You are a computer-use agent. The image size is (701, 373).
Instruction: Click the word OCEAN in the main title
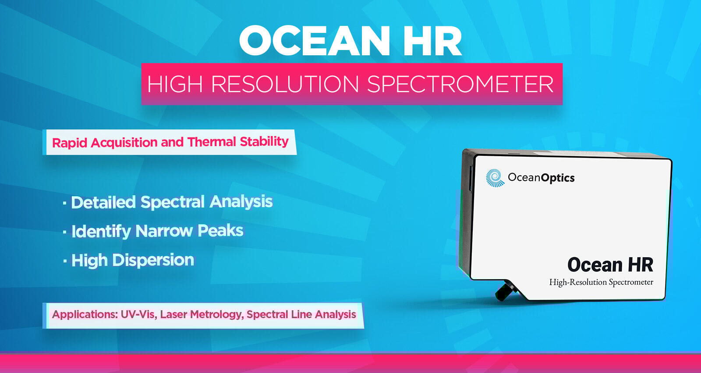(x=314, y=41)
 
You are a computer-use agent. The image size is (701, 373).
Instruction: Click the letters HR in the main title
(x=432, y=41)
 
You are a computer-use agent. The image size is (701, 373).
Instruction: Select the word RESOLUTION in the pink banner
(x=285, y=84)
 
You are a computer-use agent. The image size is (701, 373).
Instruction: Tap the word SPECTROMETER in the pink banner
(x=460, y=84)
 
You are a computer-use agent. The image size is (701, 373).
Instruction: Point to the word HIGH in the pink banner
(x=175, y=84)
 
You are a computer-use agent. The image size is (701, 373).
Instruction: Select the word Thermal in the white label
(x=212, y=142)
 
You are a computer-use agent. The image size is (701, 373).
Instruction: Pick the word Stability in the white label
(x=264, y=142)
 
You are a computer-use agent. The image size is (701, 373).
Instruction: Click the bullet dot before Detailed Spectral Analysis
(x=64, y=203)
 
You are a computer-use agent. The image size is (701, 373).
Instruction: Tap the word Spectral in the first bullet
(x=173, y=202)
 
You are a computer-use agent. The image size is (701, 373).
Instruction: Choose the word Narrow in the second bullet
(x=164, y=231)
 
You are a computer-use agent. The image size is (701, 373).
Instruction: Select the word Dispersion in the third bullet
(x=153, y=260)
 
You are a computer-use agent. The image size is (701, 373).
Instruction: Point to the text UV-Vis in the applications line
(x=138, y=314)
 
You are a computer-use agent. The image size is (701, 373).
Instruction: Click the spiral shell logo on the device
(x=495, y=178)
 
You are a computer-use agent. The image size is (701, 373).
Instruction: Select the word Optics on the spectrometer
(x=558, y=178)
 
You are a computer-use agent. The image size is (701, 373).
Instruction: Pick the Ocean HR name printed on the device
(x=610, y=265)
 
